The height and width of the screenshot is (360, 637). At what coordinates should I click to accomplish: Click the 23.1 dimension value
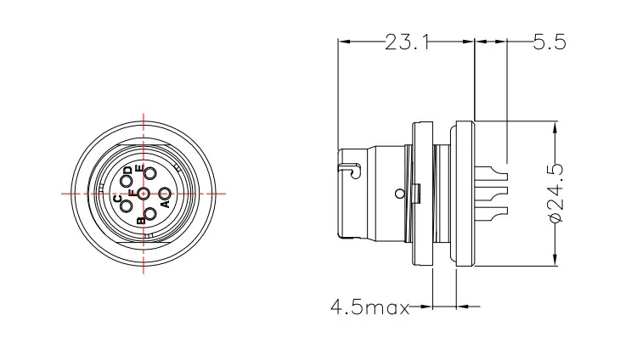click(x=406, y=41)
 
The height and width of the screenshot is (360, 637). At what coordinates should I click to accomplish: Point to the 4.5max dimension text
click(x=369, y=306)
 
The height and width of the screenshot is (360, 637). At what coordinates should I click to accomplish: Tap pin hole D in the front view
click(x=127, y=180)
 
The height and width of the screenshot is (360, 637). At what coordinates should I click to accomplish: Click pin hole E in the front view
click(x=150, y=175)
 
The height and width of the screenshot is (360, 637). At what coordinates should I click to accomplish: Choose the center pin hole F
click(x=143, y=194)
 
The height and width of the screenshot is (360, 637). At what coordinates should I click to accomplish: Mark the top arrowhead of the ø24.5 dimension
click(x=556, y=127)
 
